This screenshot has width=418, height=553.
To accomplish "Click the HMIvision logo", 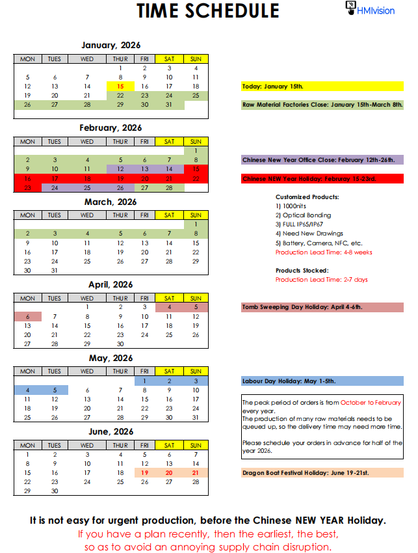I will click(370, 9).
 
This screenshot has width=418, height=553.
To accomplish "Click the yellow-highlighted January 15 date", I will click(120, 86).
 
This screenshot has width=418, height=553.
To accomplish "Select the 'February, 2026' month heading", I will click(111, 128).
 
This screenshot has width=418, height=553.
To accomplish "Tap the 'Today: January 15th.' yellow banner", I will click(322, 86).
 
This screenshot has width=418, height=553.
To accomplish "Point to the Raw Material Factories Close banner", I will click(322, 104).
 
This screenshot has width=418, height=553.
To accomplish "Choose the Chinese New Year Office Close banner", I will click(322, 159).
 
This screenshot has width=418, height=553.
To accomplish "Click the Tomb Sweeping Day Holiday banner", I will click(322, 307).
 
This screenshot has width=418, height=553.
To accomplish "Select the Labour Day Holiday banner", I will click(322, 381).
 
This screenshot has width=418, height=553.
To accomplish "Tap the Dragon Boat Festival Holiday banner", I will click(322, 473).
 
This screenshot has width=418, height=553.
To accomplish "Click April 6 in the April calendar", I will click(27, 316).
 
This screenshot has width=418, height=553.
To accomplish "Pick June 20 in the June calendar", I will click(169, 473).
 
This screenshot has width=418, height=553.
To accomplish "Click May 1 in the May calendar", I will click(144, 381).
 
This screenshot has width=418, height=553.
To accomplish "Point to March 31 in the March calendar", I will click(55, 271).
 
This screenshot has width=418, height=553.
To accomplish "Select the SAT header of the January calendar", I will click(169, 59).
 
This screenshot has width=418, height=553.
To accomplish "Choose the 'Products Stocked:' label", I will click(302, 270).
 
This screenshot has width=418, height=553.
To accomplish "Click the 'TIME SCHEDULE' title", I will click(208, 11).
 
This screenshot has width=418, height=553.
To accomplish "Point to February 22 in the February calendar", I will click(196, 178).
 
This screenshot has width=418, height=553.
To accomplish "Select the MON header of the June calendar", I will click(27, 445).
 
